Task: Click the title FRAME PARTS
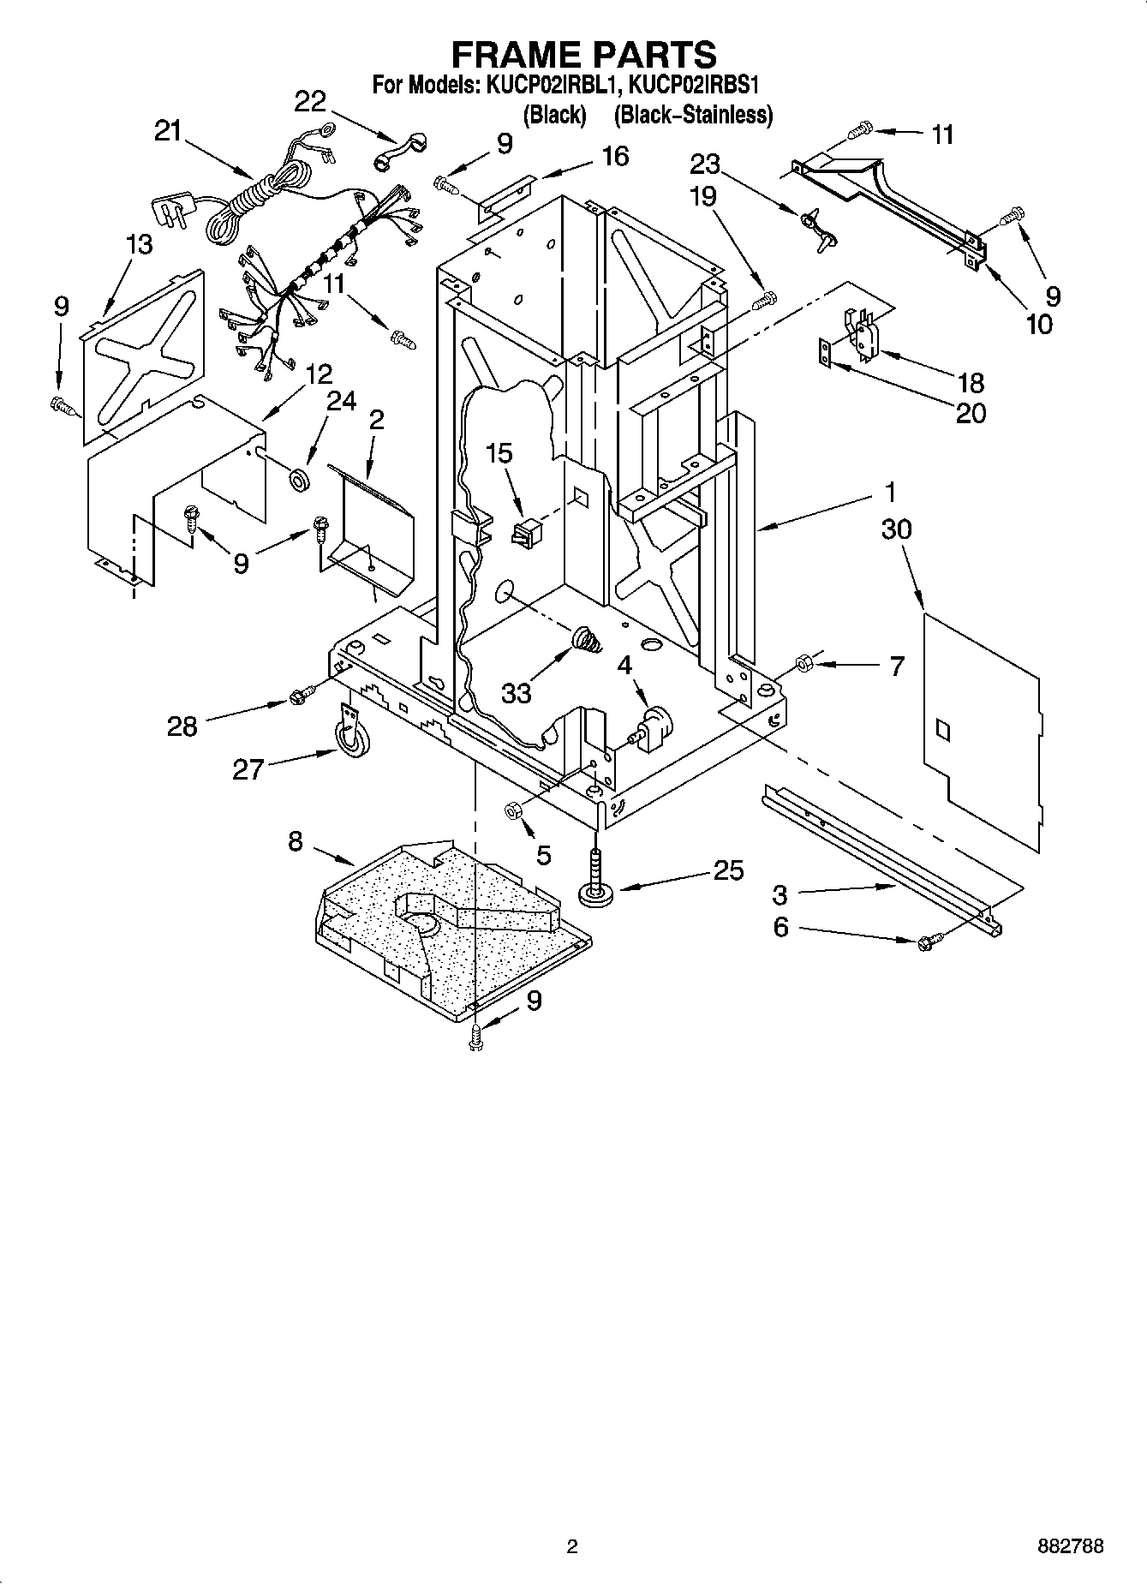pyautogui.click(x=583, y=54)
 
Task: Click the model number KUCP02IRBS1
pyautogui.click(x=695, y=86)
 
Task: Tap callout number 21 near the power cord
pyautogui.click(x=169, y=131)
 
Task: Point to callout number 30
pyautogui.click(x=896, y=529)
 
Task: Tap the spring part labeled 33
pyautogui.click(x=585, y=639)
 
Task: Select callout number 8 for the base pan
pyautogui.click(x=296, y=841)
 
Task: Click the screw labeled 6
pyautogui.click(x=928, y=942)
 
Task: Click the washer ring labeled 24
pyautogui.click(x=300, y=479)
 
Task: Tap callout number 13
pyautogui.click(x=139, y=244)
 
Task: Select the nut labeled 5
pyautogui.click(x=513, y=810)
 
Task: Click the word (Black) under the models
pyautogui.click(x=554, y=114)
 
